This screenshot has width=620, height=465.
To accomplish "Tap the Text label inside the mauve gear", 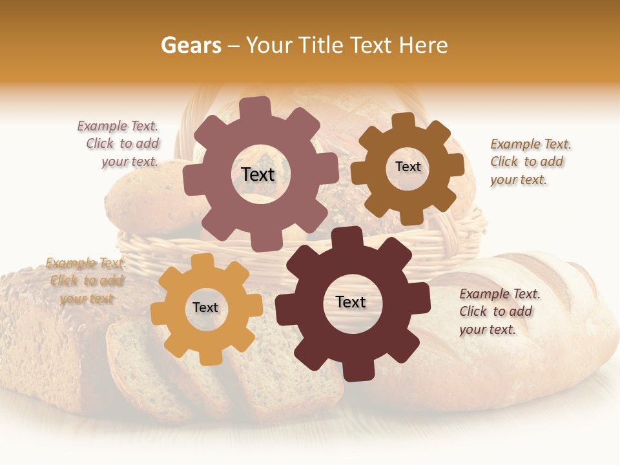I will [x=258, y=174].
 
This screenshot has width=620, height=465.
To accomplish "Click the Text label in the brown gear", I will [x=408, y=167].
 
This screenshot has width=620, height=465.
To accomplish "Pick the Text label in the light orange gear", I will [x=205, y=308].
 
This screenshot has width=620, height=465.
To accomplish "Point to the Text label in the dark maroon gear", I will [x=351, y=302].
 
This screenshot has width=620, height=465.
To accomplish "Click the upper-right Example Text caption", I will [x=530, y=162].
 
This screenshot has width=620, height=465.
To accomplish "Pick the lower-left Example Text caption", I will [x=86, y=281].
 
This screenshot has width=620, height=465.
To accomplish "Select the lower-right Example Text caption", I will [x=499, y=312].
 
